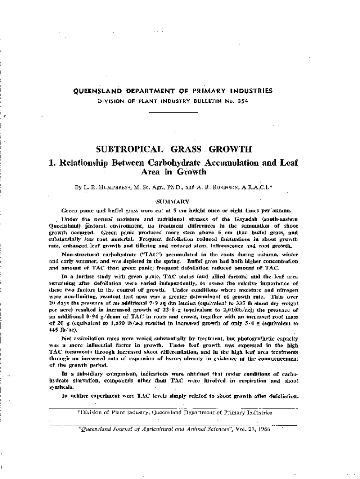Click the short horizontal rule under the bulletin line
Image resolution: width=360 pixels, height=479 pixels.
click(x=173, y=112)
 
